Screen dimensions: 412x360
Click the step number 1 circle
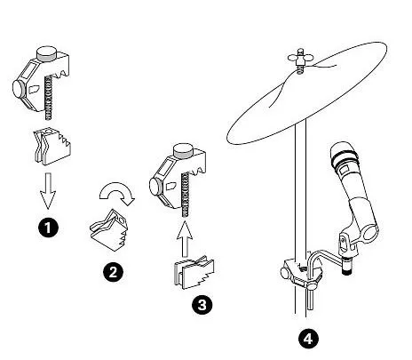coord(48,228)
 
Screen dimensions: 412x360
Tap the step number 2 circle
coord(113,272)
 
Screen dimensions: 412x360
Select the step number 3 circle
coord(202,304)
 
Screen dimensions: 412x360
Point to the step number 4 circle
coord(308,338)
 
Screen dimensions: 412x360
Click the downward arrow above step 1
coord(48,191)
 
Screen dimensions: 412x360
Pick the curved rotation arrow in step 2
coord(117,192)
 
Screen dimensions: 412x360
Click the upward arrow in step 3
coord(185,239)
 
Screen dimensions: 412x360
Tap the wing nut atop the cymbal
coord(300,59)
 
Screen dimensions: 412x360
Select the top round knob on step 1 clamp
coord(46,53)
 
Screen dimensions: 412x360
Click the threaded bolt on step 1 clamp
coord(49,97)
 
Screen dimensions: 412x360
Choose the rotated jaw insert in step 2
coord(109,229)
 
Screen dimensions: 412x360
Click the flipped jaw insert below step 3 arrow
coord(194,272)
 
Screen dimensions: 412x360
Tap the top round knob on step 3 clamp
coord(184,150)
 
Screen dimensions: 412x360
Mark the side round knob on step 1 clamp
coord(19,88)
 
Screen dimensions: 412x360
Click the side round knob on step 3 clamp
coord(155,186)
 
